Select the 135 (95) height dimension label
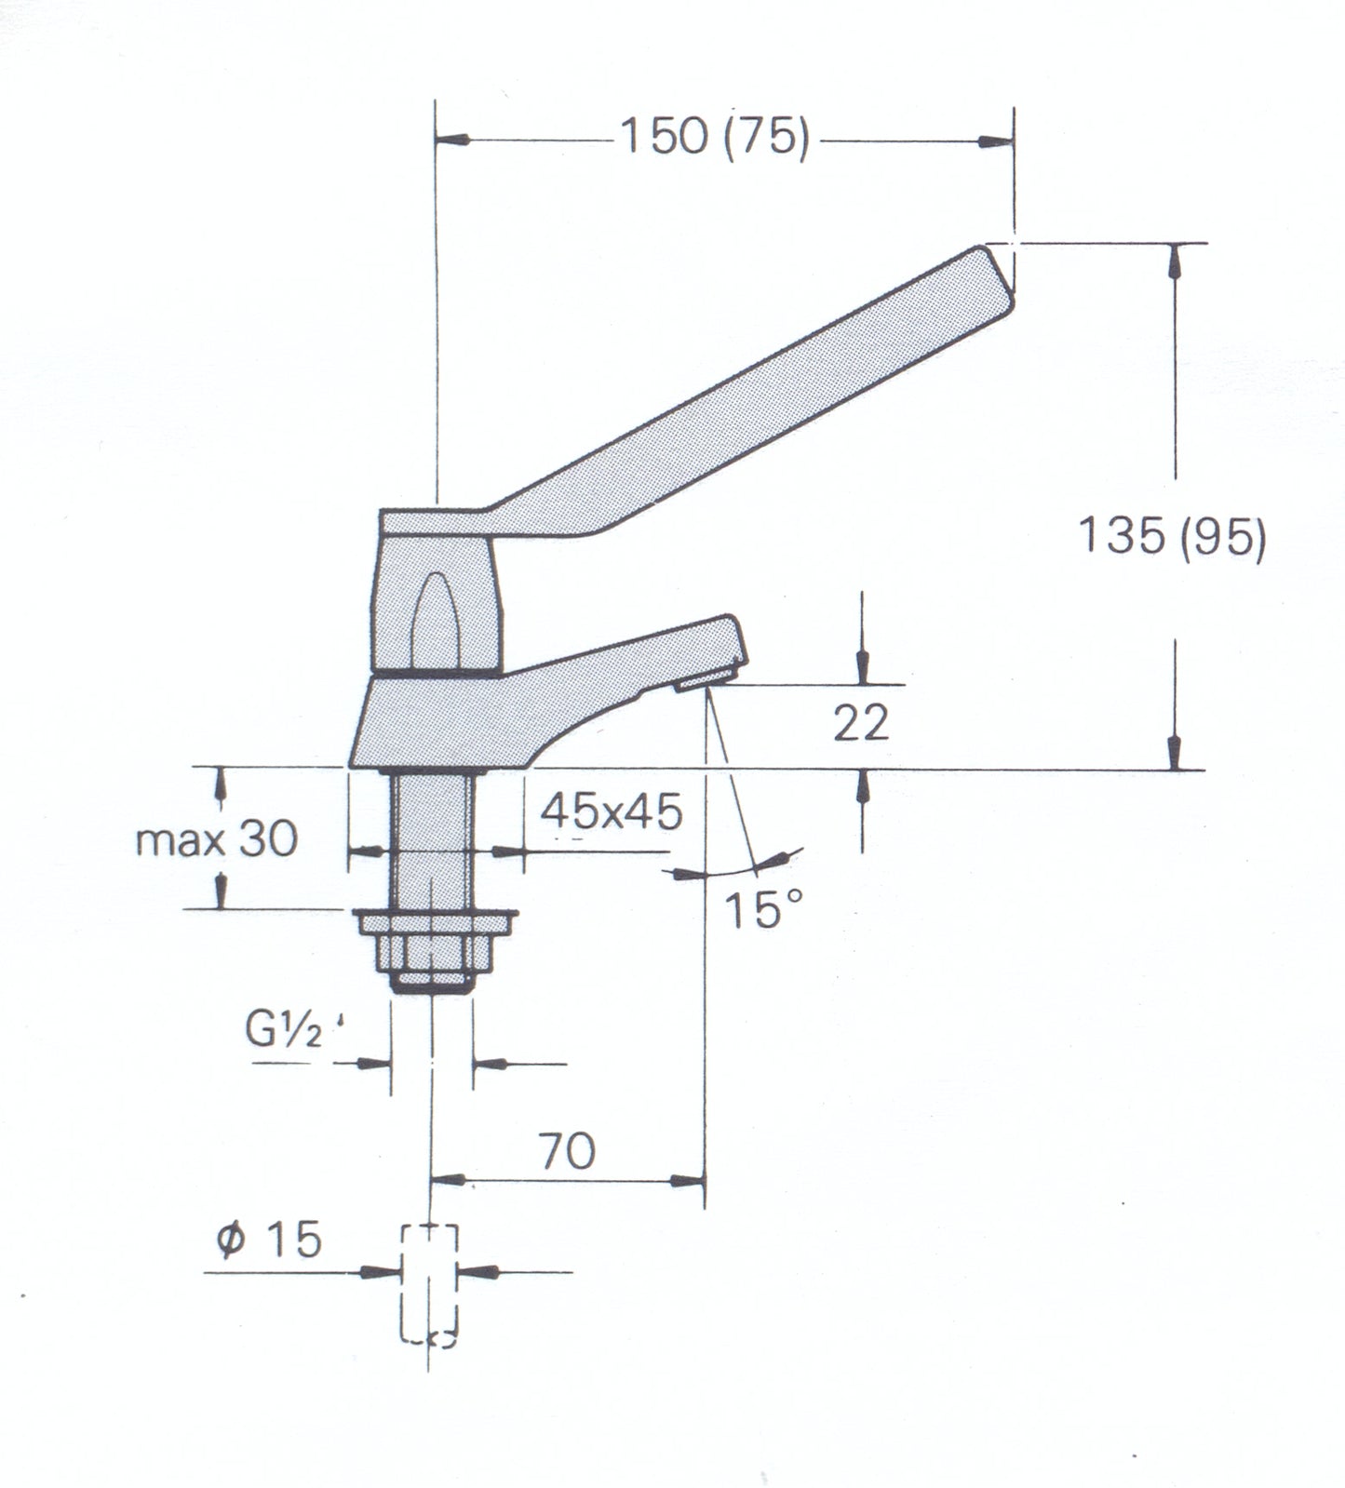click(1171, 538)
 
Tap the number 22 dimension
click(860, 722)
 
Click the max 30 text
click(216, 840)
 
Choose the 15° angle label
click(763, 910)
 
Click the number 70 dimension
click(567, 1151)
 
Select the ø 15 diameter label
click(269, 1240)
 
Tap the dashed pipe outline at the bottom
click(429, 1284)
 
